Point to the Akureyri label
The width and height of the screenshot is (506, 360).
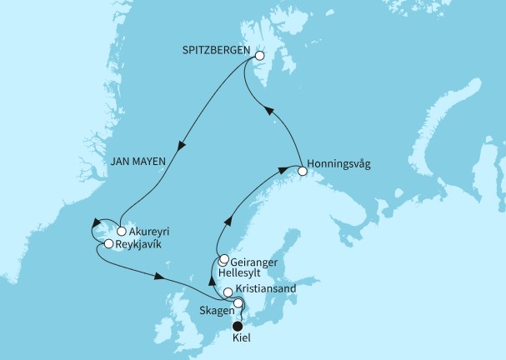(x=150, y=232)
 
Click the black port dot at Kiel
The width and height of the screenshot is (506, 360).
(x=238, y=327)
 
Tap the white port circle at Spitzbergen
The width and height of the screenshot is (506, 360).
(x=259, y=57)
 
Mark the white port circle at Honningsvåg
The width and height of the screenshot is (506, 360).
(x=303, y=172)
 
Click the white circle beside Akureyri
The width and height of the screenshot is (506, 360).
(x=122, y=232)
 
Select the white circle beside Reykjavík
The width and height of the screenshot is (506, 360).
(x=108, y=244)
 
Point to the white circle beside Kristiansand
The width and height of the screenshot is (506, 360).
(x=228, y=291)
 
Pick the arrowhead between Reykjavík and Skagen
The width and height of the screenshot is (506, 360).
(x=158, y=277)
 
